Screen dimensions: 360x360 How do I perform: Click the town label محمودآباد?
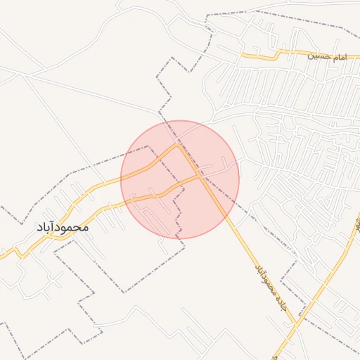pos(62,227)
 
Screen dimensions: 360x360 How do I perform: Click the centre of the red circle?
pos(180,179)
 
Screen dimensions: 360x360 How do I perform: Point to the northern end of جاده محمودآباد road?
pos(179,146)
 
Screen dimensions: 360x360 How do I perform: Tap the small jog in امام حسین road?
pos(280,52)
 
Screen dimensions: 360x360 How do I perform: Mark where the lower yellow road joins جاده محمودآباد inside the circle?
pos(200,176)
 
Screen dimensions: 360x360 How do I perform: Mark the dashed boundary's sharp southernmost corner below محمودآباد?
pos(125,292)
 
